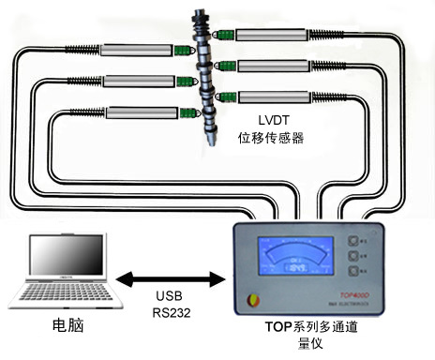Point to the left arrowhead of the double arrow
click(x=123, y=279)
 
